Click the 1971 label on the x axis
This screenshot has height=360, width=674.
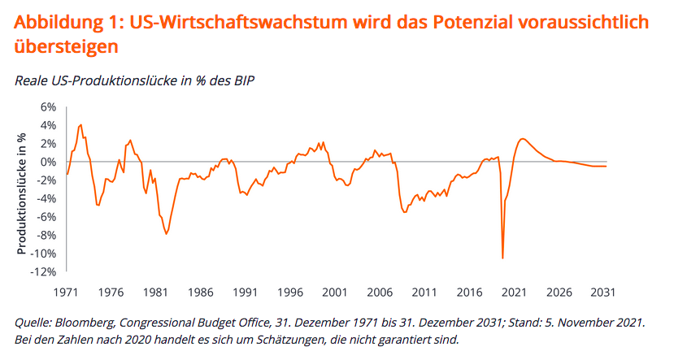[66, 291]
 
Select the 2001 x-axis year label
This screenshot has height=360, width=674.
[333, 291]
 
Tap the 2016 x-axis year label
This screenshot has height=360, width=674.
[467, 291]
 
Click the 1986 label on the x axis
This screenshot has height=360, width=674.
[200, 291]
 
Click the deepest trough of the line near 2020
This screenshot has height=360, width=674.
[503, 258]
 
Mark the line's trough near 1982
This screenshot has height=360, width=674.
[167, 233]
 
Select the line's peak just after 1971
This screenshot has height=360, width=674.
[80, 124]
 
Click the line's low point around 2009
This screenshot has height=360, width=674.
[404, 212]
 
